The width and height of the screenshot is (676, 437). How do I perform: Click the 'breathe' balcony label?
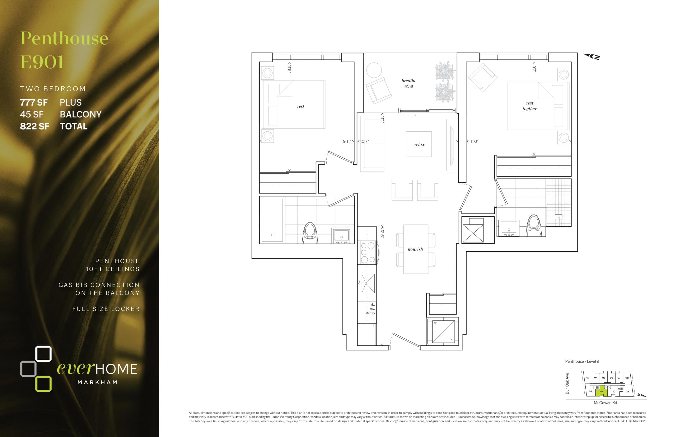(409, 81)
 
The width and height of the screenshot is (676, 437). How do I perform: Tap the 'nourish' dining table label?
(415, 249)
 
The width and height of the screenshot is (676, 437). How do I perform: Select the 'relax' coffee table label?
(419, 144)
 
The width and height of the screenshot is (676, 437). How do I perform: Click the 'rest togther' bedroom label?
(529, 106)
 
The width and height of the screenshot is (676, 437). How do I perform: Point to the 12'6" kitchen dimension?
(382, 232)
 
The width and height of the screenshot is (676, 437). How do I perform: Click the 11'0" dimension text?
(474, 141)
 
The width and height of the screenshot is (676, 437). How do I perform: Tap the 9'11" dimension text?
(347, 141)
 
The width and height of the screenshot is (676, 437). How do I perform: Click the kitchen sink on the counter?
(368, 283)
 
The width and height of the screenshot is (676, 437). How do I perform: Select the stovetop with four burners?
(368, 253)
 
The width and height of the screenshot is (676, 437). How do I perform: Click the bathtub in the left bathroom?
(272, 220)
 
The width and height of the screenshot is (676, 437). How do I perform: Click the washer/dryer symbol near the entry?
(443, 331)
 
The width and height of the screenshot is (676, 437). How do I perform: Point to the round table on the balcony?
(374, 70)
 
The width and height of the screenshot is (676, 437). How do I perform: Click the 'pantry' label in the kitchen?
(370, 313)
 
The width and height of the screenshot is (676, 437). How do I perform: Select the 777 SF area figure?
(34, 102)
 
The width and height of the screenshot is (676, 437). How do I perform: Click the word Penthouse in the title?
(64, 38)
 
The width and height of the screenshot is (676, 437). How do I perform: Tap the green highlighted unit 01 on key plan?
(601, 392)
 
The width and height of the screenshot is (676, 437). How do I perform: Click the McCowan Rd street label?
(605, 403)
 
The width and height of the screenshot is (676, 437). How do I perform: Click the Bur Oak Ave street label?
(567, 383)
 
